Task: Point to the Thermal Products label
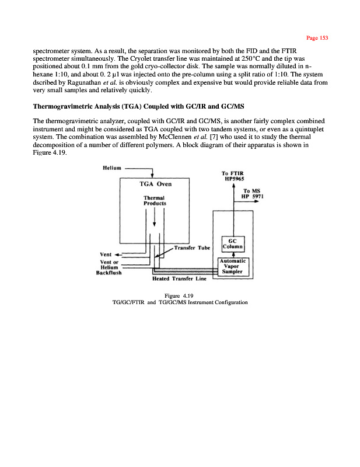(155, 200)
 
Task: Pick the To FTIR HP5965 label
(233, 176)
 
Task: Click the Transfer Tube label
(192, 248)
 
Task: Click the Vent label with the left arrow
(106, 255)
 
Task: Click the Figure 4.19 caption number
(179, 295)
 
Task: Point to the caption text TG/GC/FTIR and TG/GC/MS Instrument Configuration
(179, 302)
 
